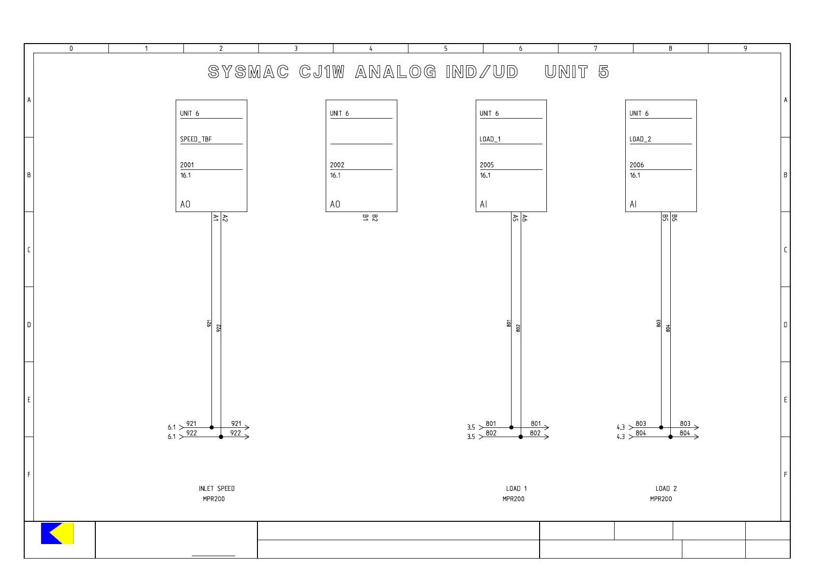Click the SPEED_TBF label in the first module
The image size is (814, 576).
coord(196,139)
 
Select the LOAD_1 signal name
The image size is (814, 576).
coord(490,139)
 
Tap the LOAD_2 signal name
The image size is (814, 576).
coord(640,139)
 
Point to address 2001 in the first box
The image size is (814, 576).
coord(187,165)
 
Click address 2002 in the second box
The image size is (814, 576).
coord(337,165)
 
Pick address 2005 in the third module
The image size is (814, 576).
coord(487,165)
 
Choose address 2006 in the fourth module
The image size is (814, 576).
coord(636,165)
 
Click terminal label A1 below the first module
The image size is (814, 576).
coord(216,218)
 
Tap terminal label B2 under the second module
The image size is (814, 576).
coord(375,218)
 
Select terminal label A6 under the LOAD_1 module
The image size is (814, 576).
coord(525,218)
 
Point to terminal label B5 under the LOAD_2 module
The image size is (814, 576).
coord(665,218)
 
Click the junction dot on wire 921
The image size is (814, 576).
coord(211,427)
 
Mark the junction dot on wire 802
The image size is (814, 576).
coord(521,437)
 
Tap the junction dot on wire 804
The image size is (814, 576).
coord(671,437)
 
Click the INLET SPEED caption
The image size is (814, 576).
coord(216,488)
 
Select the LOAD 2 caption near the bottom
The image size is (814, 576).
coord(666,488)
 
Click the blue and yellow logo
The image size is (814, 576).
coord(57,533)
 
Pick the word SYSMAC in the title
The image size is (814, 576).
coord(248,72)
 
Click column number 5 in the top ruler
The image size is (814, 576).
coord(446,48)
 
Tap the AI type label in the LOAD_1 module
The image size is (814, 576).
coord(483,204)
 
